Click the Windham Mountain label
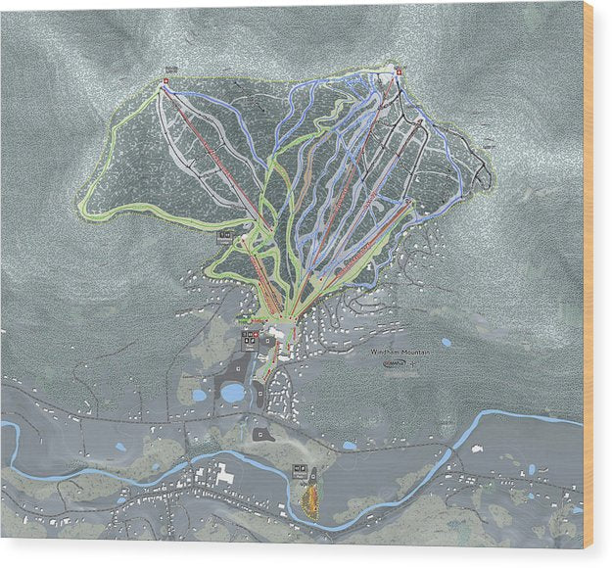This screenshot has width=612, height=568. point(400,351)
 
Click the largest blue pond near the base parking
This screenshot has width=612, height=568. point(233,393)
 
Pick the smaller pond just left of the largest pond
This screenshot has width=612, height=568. point(200,396)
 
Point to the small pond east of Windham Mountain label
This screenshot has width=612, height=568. point(447,343)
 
